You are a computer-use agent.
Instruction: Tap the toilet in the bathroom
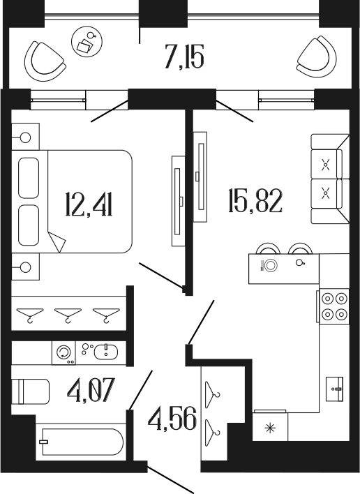[x=32, y=390]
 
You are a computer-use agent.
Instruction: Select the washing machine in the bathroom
[x=63, y=352]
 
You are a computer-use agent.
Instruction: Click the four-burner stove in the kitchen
[x=333, y=306]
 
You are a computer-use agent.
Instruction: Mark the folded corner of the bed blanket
[x=57, y=241]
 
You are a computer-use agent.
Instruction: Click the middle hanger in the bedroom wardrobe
[x=67, y=315]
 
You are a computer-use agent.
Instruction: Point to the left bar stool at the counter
[x=267, y=249]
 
